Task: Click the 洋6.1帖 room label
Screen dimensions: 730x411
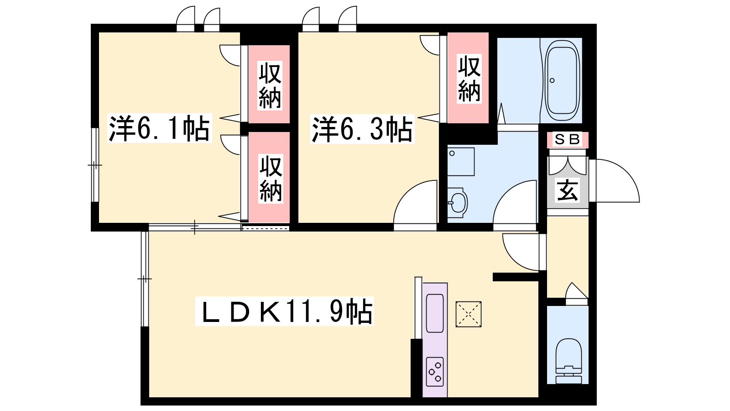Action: tap(159, 128)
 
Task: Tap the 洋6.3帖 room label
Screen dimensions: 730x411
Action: tap(362, 129)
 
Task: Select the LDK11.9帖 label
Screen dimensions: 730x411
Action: tap(285, 311)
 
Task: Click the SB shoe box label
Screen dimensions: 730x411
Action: tap(568, 140)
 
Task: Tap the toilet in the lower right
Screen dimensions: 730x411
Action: tap(568, 361)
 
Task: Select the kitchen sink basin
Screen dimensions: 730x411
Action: tap(435, 313)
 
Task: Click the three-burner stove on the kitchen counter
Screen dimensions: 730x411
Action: tap(435, 372)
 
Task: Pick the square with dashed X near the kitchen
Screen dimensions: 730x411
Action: tap(468, 314)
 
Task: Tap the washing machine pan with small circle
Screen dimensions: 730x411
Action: tap(461, 162)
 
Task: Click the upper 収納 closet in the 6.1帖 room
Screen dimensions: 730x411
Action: tap(269, 84)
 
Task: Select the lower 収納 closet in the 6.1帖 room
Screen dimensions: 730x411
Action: tap(269, 177)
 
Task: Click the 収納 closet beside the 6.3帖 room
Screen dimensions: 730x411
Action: tap(468, 78)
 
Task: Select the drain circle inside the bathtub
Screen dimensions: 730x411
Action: tap(552, 80)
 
